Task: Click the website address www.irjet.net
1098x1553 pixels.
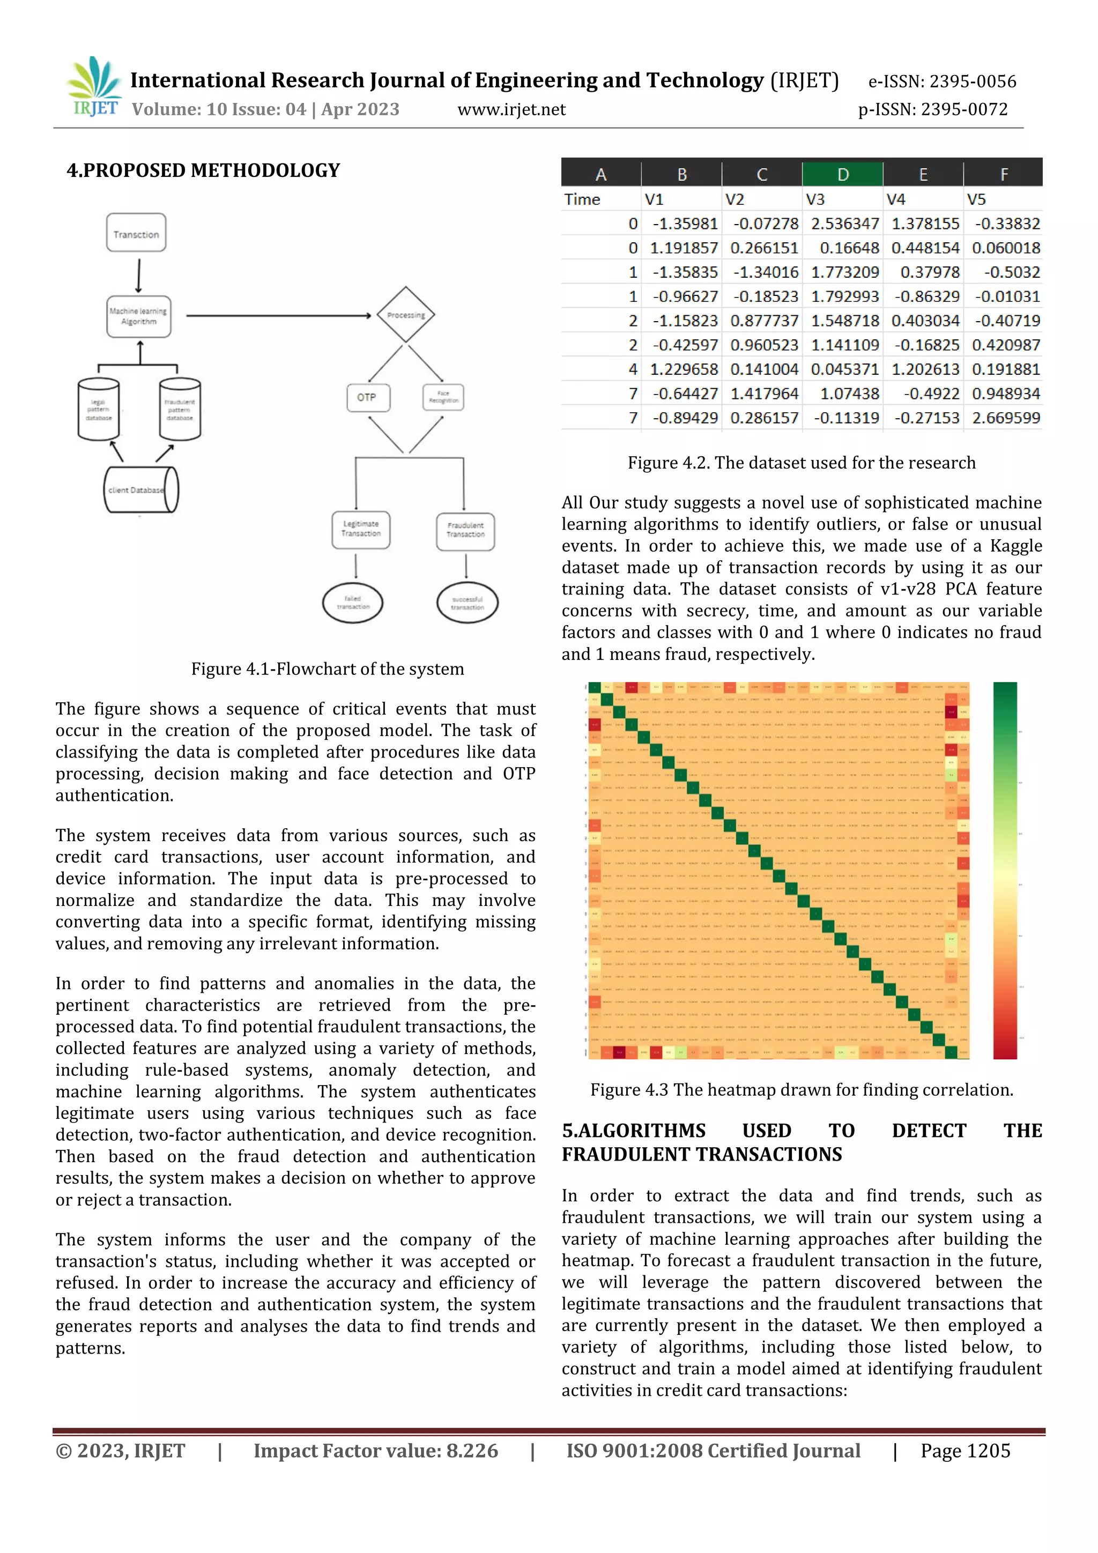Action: tap(511, 109)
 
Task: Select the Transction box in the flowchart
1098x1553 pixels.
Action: tap(136, 233)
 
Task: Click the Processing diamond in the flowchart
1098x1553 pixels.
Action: tap(406, 315)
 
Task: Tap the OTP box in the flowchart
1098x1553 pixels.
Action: tap(367, 398)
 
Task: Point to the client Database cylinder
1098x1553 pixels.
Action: tap(140, 490)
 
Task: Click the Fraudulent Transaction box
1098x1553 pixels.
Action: tap(465, 530)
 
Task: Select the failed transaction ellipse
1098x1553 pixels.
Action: tap(352, 602)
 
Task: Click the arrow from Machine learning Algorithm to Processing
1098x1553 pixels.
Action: tap(277, 315)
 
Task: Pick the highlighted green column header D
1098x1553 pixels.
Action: tap(842, 175)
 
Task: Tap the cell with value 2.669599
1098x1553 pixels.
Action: tap(1005, 418)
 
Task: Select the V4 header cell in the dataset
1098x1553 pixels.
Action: tap(896, 199)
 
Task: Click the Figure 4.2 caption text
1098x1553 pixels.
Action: tap(801, 463)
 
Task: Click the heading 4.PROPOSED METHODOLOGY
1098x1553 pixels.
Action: tap(203, 170)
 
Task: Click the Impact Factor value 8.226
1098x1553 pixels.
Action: tap(375, 1450)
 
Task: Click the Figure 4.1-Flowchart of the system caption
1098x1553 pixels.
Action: tap(328, 669)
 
